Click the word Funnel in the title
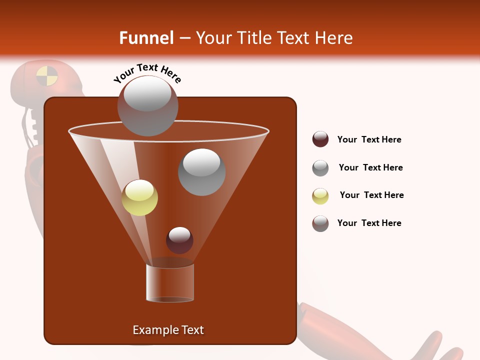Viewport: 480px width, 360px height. pyautogui.click(x=146, y=38)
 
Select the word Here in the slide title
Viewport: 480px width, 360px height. pyautogui.click(x=332, y=38)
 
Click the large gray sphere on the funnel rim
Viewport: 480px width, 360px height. pyautogui.click(x=147, y=105)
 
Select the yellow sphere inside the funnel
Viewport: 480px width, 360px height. pyautogui.click(x=139, y=197)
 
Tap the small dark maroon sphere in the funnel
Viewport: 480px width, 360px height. pyautogui.click(x=179, y=240)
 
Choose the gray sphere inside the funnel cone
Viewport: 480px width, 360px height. pyautogui.click(x=201, y=172)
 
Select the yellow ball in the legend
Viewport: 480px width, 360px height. pyautogui.click(x=320, y=196)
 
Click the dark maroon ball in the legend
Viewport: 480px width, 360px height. pyautogui.click(x=320, y=139)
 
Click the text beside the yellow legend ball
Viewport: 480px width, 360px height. pyautogui.click(x=371, y=195)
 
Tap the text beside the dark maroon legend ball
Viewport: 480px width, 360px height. pyautogui.click(x=369, y=139)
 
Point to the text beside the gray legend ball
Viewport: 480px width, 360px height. pyautogui.click(x=370, y=167)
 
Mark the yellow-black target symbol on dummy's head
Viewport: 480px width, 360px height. pyautogui.click(x=47, y=76)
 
